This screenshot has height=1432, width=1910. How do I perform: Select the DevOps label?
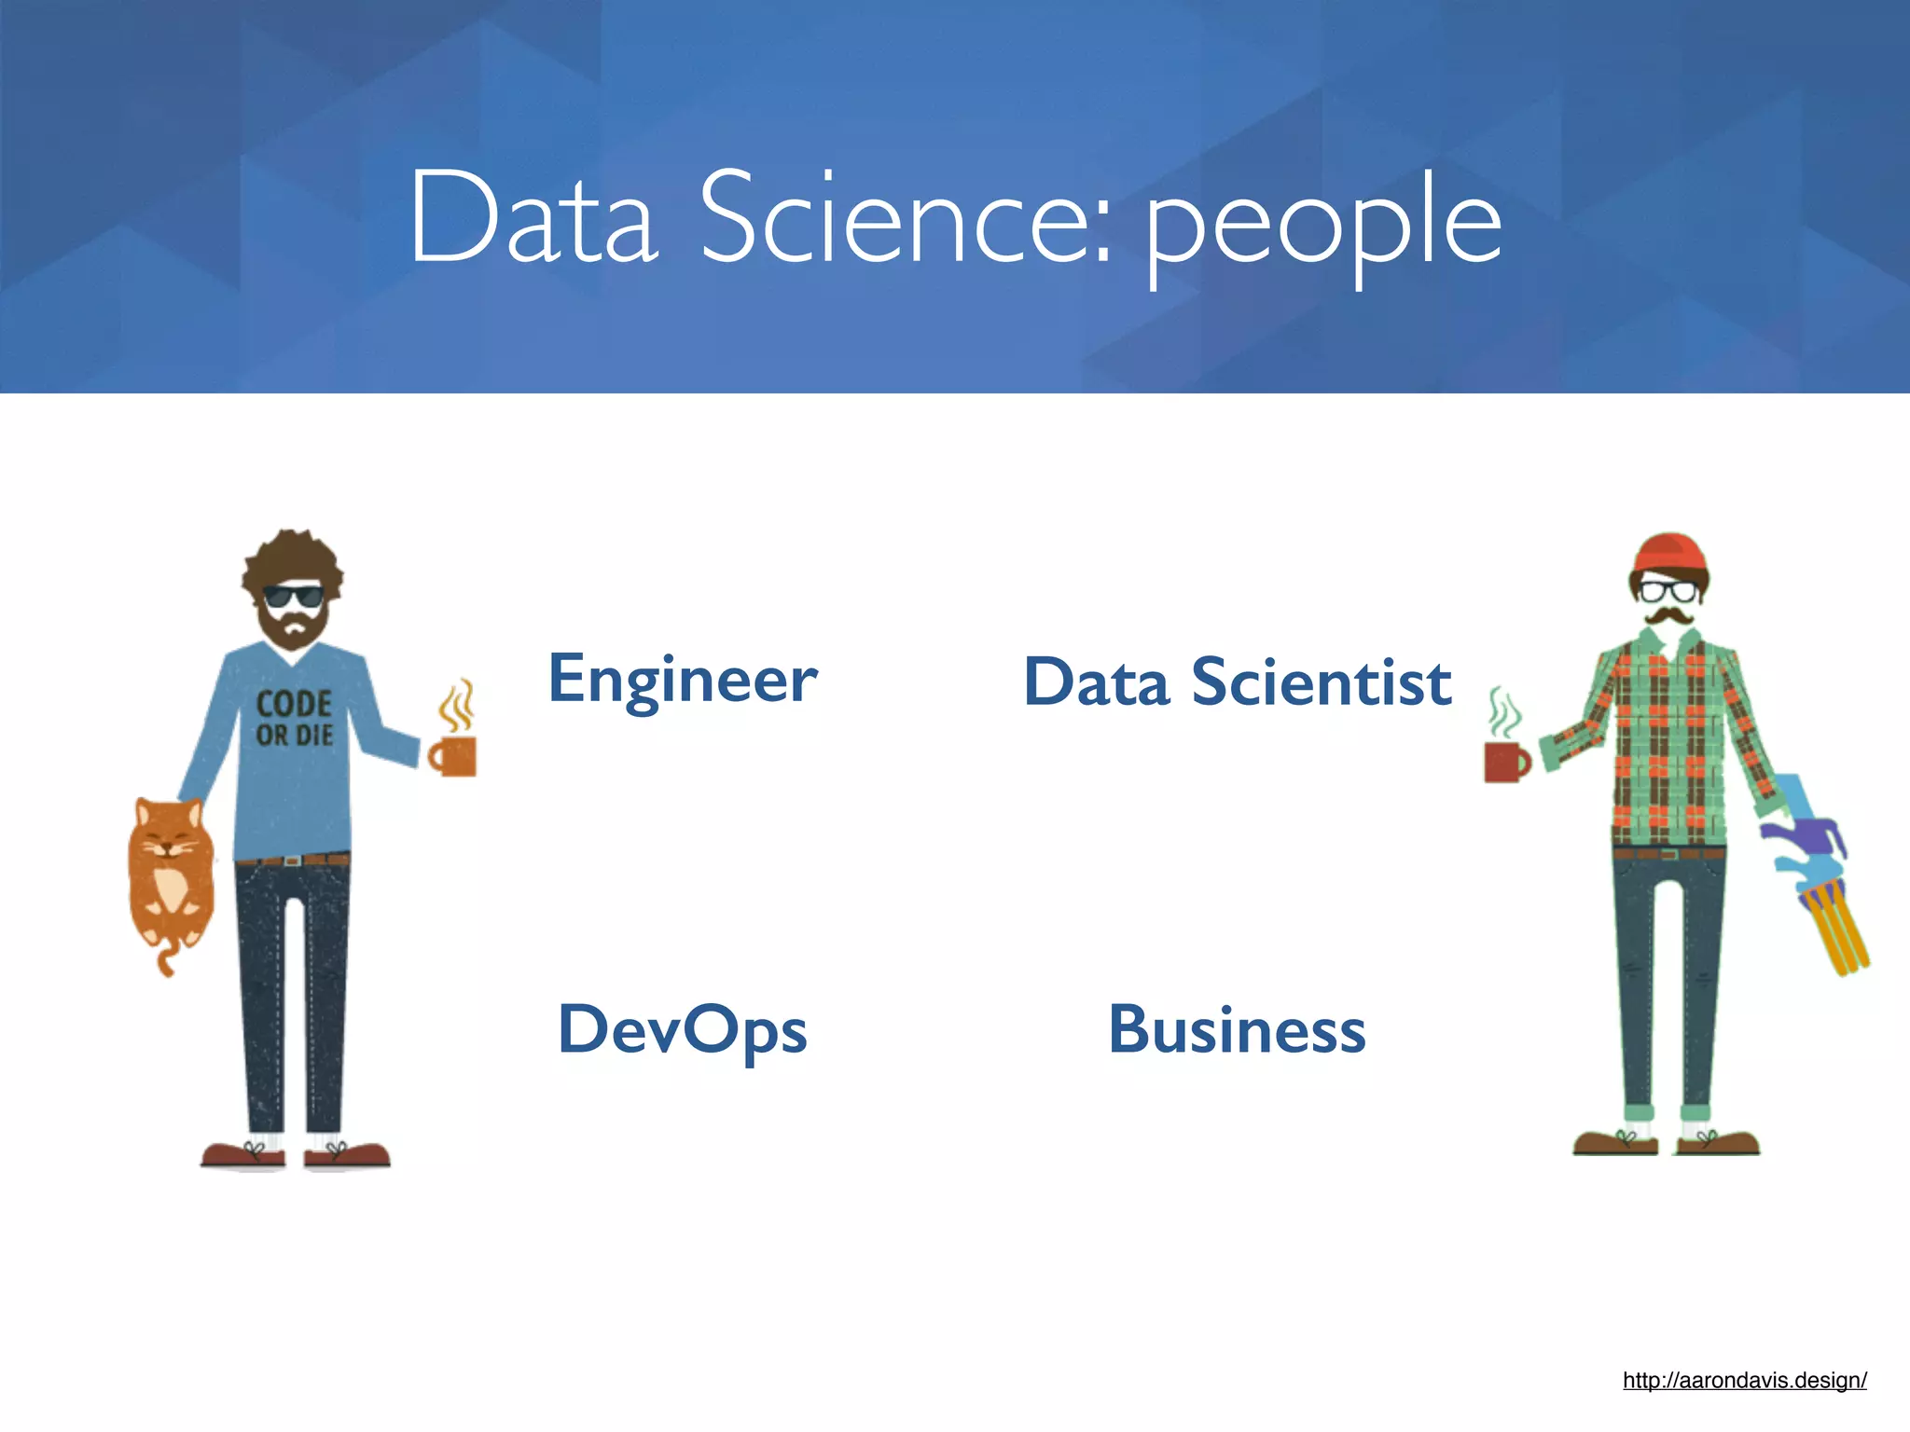(683, 1031)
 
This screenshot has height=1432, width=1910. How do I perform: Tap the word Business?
(1237, 1031)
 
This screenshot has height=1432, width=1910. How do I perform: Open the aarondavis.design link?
(1744, 1381)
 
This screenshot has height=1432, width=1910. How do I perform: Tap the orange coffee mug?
(454, 756)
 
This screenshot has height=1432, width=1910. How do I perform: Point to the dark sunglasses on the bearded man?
(292, 595)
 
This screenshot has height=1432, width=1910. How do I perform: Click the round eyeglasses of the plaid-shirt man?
(1668, 590)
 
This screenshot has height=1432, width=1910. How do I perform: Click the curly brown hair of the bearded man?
(293, 556)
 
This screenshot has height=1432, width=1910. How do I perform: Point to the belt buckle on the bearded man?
(293, 861)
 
